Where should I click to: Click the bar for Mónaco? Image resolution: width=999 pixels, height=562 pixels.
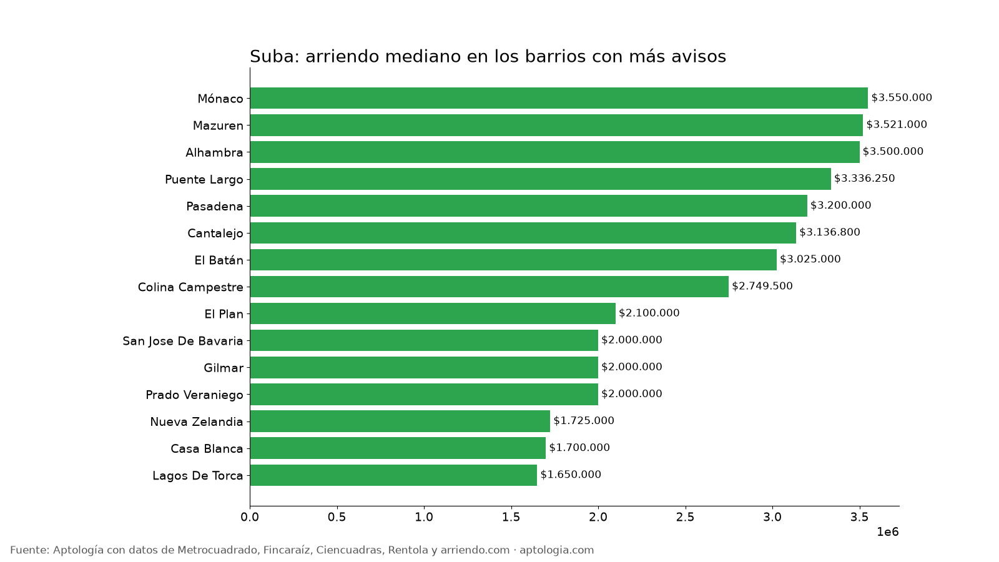559,98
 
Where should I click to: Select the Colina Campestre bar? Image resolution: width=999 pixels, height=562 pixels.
490,287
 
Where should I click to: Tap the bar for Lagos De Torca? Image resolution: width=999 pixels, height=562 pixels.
393,475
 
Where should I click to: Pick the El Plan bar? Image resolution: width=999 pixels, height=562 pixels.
433,313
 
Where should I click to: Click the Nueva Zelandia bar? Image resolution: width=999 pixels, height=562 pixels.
400,421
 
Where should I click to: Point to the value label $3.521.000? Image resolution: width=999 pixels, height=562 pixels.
897,124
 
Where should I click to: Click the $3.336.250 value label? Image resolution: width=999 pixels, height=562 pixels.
864,179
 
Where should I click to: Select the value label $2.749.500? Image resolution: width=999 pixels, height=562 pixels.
762,286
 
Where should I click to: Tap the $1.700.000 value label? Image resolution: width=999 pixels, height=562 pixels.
579,447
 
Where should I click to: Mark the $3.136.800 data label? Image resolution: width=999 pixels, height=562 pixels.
830,232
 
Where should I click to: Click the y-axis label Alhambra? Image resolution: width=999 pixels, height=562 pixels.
214,152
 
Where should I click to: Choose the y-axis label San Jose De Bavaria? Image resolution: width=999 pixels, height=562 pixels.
183,341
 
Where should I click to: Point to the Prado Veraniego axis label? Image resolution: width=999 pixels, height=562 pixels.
194,395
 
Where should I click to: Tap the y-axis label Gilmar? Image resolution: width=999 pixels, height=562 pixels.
224,368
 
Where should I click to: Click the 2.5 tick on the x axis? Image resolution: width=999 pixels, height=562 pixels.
685,517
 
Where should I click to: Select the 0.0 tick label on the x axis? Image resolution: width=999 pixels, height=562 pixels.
250,517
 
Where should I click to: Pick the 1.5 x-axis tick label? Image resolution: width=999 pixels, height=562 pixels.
511,517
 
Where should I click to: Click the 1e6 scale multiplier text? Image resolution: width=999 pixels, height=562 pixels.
887,532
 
